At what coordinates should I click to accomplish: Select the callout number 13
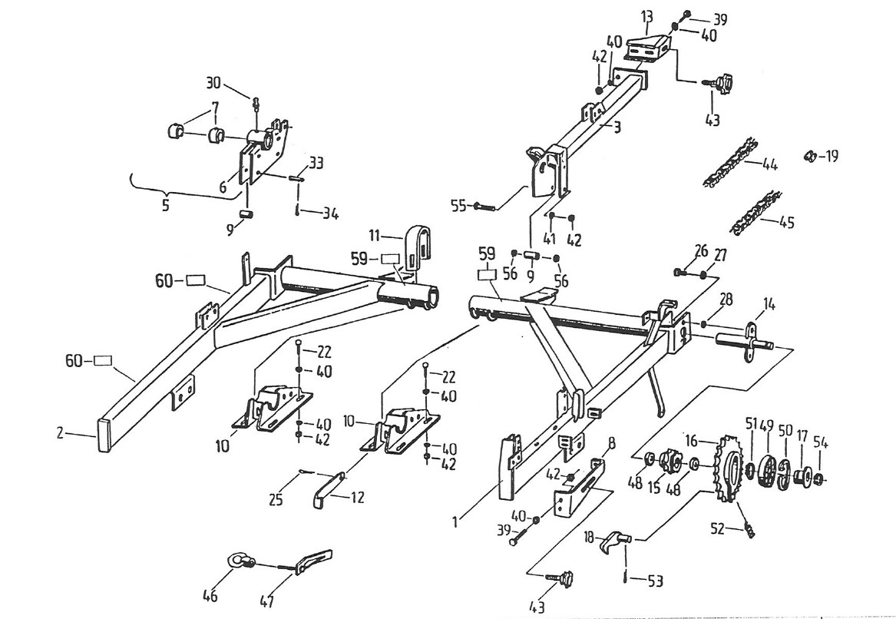(646, 17)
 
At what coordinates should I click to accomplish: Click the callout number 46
(210, 595)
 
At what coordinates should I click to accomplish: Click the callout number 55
(457, 206)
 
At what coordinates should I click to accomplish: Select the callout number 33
(317, 163)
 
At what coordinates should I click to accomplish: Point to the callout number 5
(165, 206)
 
